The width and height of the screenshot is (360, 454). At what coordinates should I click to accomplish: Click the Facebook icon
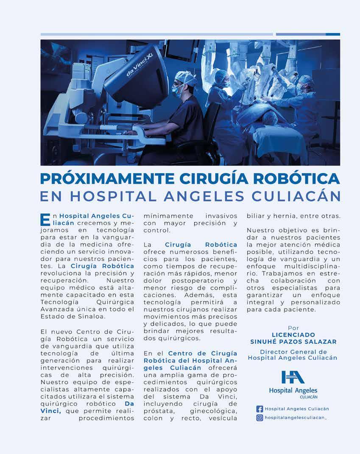[260, 409]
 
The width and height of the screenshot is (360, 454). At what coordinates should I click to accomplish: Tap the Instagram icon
[260, 418]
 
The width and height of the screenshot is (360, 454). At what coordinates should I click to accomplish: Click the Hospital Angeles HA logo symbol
[293, 377]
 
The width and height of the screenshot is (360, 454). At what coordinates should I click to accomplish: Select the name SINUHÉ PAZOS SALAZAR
[293, 342]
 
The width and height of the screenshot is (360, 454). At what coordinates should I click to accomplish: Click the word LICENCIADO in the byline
[293, 335]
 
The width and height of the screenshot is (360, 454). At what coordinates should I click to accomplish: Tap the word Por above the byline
[293, 328]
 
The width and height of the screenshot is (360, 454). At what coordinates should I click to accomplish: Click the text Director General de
[293, 352]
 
